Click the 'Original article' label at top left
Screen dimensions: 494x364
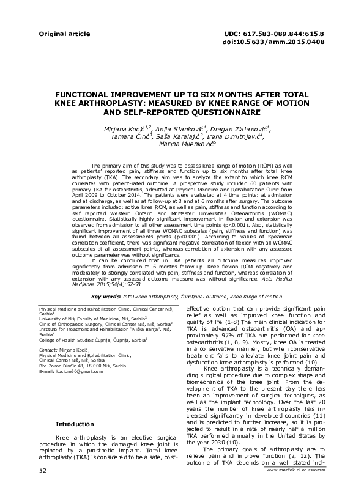click(x=59, y=34)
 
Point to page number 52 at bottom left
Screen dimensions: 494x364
click(x=42, y=487)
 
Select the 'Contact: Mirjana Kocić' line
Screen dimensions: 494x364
click(x=64, y=348)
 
